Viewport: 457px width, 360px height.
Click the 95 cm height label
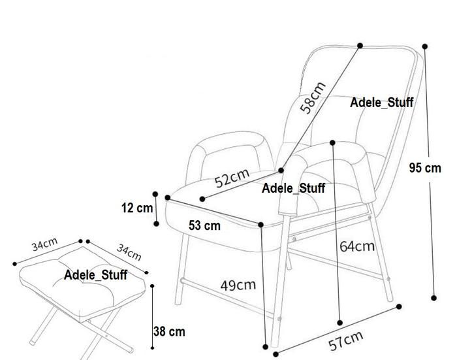point(425,168)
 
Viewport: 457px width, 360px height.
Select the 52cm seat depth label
point(232,177)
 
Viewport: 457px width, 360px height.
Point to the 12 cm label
point(136,208)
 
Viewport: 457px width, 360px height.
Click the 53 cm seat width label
point(204,226)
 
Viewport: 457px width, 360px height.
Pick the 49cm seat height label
point(238,285)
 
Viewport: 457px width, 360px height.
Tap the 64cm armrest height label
point(357,246)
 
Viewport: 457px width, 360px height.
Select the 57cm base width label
point(346,340)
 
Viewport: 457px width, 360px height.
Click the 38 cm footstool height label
point(169,331)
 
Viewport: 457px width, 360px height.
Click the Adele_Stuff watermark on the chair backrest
point(382,103)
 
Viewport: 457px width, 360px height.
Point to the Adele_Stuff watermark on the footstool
point(95,275)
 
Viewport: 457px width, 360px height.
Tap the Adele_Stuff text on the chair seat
point(293,189)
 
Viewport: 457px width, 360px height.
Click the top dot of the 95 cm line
point(425,46)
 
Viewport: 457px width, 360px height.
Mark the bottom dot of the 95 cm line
point(435,297)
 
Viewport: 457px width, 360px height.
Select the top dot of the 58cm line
point(360,45)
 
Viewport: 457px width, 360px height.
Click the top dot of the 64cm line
point(332,141)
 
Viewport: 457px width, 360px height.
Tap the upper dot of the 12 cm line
point(155,193)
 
